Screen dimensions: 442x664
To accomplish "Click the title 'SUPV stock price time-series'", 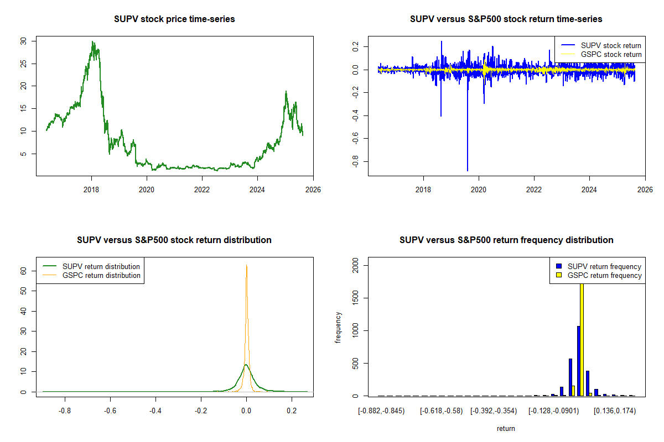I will [174, 19].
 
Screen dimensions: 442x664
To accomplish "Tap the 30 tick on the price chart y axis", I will [23, 41].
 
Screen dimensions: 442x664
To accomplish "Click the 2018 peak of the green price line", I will [93, 42].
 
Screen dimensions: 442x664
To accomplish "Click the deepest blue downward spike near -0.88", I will [468, 170].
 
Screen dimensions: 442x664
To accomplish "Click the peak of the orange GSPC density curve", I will [246, 266].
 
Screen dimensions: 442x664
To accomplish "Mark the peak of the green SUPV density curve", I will [246, 365].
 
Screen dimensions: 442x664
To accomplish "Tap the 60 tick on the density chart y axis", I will [23, 271].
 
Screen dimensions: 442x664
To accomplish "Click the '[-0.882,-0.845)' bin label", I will [381, 411].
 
